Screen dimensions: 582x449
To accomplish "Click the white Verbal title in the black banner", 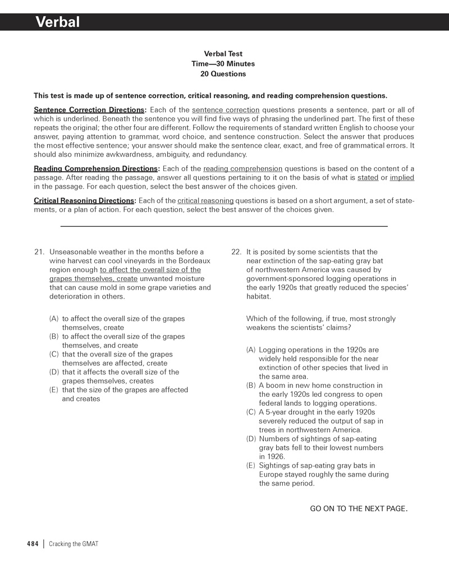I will [58, 22].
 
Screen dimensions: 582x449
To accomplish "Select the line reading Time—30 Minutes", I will [223, 64].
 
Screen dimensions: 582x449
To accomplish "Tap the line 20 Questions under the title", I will [223, 74].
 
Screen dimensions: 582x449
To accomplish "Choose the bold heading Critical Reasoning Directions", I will [85, 200].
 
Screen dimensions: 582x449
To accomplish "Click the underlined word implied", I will [402, 177].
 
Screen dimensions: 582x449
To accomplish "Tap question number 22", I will [236, 252].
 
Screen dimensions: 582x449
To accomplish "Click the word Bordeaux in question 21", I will [194, 261].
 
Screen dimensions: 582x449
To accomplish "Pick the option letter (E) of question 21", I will [54, 389].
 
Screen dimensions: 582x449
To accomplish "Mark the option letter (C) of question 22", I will [251, 412].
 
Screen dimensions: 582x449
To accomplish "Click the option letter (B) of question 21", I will [54, 336].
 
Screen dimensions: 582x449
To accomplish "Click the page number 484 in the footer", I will [33, 544].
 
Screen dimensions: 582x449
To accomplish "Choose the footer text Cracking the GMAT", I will [74, 544].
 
